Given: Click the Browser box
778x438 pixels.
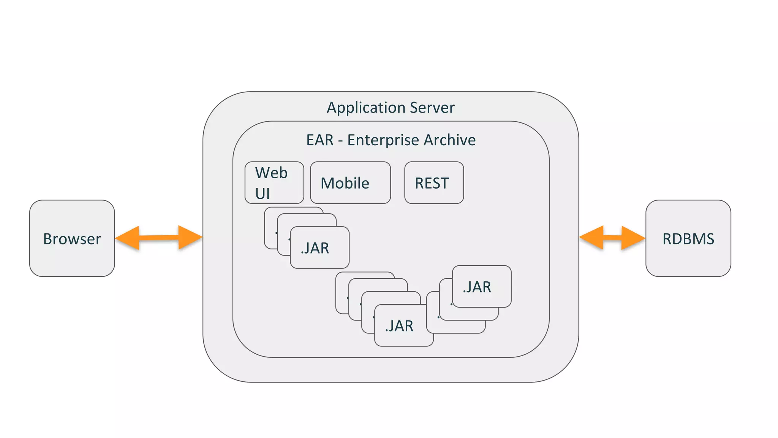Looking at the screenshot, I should (x=72, y=238).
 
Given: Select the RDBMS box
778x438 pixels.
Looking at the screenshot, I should (x=688, y=238).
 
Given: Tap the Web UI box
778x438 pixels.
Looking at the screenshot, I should (x=274, y=183).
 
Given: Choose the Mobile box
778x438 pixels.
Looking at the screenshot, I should (x=350, y=183).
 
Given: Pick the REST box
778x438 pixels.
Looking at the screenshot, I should (x=434, y=183).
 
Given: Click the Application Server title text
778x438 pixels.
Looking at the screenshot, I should (x=390, y=108).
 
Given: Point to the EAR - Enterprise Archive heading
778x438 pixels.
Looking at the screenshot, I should (x=391, y=140).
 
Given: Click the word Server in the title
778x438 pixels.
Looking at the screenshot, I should (x=435, y=108).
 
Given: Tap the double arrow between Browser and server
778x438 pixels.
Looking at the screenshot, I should (x=158, y=238).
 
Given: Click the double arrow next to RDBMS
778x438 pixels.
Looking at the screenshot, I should (x=612, y=238).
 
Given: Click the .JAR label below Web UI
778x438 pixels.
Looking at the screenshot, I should (x=315, y=248).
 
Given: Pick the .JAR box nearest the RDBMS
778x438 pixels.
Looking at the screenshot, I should (x=481, y=287).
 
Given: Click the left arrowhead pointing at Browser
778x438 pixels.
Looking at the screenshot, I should (x=128, y=238).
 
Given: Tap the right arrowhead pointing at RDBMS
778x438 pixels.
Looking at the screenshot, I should (x=633, y=238).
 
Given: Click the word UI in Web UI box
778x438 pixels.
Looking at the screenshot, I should (x=262, y=194).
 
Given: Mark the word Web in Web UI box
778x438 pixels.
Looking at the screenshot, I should (x=271, y=173).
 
